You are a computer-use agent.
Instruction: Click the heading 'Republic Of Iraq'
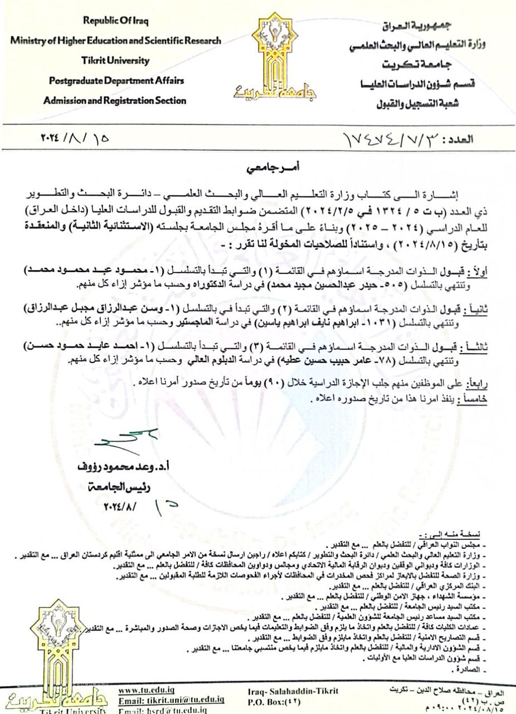pyautogui.click(x=116, y=21)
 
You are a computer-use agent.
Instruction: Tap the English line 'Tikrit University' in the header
pyautogui.click(x=115, y=60)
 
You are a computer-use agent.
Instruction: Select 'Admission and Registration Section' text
pyautogui.click(x=115, y=100)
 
